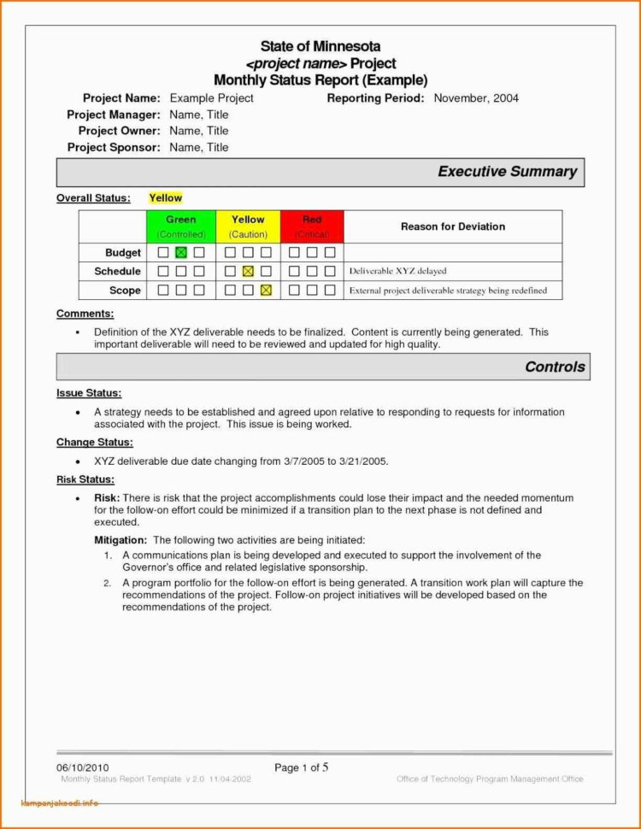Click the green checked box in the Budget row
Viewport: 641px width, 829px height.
tap(180, 253)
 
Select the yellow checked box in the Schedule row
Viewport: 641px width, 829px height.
tap(248, 272)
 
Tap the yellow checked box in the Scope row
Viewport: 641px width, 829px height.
tap(266, 291)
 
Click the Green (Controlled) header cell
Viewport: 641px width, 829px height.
tap(181, 226)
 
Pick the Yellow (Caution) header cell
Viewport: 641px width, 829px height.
tap(248, 226)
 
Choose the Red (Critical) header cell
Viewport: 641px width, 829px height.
tap(312, 226)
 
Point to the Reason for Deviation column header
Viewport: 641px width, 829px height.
tap(452, 226)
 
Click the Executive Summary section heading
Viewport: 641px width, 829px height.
tap(507, 172)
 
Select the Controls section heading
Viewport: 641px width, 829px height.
tap(555, 367)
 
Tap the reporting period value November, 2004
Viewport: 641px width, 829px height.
tap(476, 98)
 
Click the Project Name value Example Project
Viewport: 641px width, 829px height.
tap(211, 98)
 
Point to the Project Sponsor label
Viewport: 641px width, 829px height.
tap(114, 147)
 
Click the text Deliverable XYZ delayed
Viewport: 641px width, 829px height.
tap(397, 272)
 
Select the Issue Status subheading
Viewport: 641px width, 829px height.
tap(89, 393)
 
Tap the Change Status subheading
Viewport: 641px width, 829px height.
tap(95, 442)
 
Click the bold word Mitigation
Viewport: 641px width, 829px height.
tap(120, 540)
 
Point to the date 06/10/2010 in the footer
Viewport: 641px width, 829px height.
tap(83, 767)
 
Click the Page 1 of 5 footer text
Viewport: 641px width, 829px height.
tap(302, 767)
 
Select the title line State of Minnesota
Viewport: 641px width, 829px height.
tap(320, 46)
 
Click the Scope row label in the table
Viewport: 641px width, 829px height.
tap(125, 291)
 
